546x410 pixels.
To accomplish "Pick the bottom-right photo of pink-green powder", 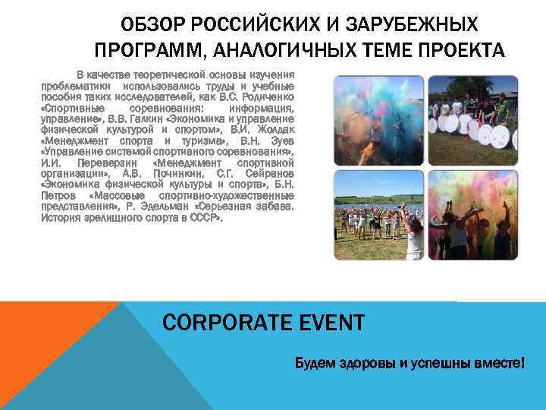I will coord(472,215).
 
